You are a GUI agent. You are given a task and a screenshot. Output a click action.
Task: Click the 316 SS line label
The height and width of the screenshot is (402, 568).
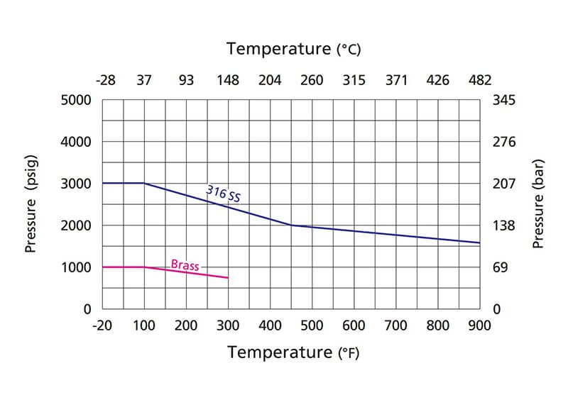[224, 194]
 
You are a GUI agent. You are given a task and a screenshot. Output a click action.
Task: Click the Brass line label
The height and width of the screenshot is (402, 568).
[185, 264]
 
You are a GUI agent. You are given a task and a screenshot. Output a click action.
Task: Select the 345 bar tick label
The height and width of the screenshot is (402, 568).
[503, 100]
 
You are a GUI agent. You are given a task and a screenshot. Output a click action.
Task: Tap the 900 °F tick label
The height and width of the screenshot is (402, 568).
[480, 325]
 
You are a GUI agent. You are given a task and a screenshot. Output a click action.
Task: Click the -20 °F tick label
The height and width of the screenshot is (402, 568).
[102, 325]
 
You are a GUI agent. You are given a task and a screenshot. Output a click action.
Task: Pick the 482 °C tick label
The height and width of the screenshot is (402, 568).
[479, 80]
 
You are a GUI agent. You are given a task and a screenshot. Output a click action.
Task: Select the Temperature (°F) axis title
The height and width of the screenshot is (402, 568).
[293, 352]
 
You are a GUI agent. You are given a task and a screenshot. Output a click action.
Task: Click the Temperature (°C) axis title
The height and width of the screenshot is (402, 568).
[294, 49]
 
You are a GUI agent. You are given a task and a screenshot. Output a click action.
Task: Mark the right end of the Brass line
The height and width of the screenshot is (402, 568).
[228, 277]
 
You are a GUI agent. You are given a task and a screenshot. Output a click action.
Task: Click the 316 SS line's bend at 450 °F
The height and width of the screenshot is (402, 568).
[291, 225]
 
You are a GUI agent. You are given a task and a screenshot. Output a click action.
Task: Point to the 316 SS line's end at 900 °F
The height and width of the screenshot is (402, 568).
[480, 243]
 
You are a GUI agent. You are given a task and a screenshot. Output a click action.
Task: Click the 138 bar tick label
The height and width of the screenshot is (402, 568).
[503, 225]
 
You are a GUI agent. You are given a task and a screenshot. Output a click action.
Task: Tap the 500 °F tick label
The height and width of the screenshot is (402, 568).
[312, 325]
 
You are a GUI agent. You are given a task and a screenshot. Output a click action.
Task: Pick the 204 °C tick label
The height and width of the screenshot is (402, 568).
[270, 80]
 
